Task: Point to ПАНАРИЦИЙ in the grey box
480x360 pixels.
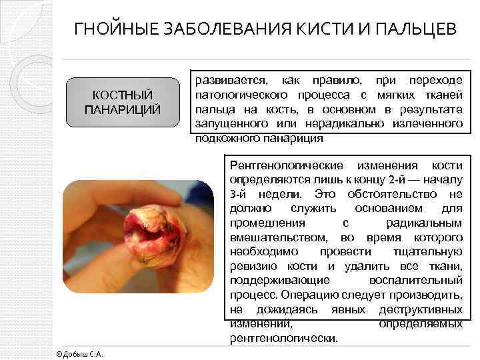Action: coord(123,109)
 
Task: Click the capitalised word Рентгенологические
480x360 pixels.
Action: coord(287,165)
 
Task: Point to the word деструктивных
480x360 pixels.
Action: coord(421,309)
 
